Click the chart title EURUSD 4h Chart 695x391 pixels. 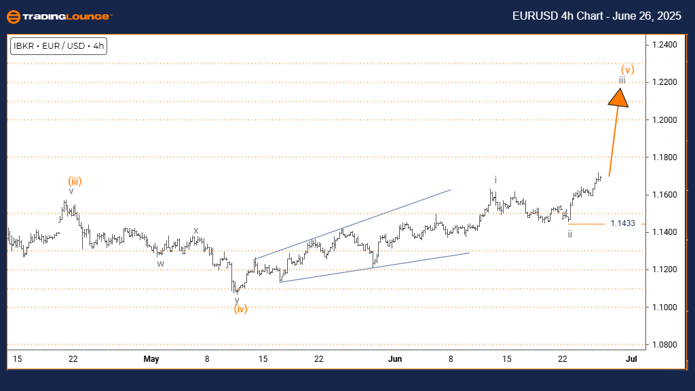(597, 16)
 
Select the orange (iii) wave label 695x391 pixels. (75, 181)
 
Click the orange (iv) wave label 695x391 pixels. (240, 310)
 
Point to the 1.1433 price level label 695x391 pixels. (622, 223)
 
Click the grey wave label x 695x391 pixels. (195, 230)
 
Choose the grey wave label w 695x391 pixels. (160, 263)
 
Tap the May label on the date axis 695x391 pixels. (151, 359)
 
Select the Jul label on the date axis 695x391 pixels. (631, 359)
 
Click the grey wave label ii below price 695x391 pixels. (570, 234)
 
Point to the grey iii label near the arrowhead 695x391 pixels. (622, 81)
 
